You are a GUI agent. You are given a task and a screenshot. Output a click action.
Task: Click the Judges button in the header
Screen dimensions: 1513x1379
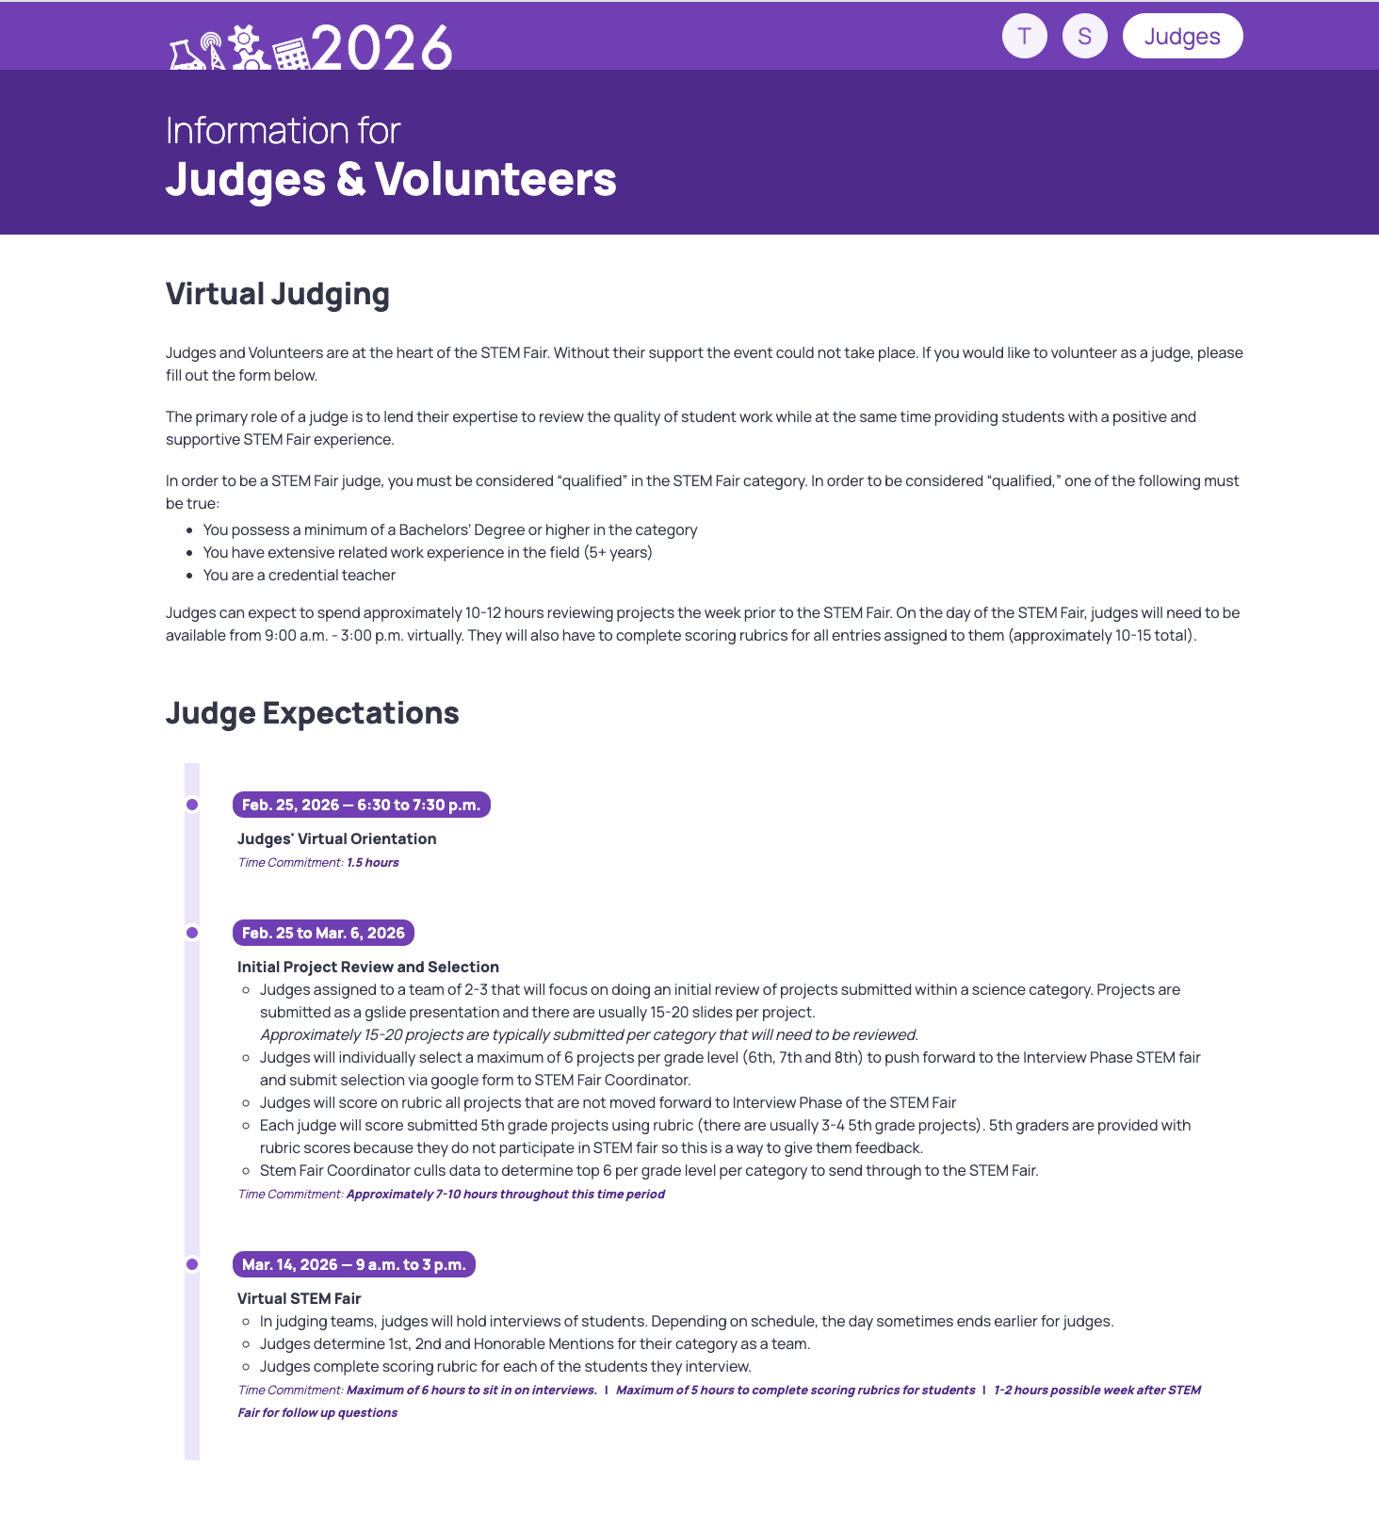[1182, 37]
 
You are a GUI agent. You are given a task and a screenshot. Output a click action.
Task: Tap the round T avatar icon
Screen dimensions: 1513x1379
[1025, 37]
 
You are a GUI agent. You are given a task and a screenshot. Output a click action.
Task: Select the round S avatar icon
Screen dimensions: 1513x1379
[1085, 37]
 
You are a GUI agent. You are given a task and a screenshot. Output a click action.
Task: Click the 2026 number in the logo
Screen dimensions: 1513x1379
[381, 47]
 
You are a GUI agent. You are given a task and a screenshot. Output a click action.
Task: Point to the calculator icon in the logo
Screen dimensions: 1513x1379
[291, 54]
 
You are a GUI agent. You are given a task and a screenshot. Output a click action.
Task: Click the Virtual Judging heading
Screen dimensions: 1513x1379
[278, 294]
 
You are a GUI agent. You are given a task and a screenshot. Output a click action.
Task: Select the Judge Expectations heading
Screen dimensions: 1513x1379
[313, 713]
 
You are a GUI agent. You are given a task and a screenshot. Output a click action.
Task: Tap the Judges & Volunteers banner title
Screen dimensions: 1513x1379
[391, 179]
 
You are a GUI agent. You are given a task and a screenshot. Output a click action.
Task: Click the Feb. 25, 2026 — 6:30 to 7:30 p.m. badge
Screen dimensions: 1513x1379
[362, 805]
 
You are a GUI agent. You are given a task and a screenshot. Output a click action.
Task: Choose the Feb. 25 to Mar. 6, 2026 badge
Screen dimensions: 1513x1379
[323, 933]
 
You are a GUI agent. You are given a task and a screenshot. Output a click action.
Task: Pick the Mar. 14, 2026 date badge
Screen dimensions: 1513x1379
[354, 1264]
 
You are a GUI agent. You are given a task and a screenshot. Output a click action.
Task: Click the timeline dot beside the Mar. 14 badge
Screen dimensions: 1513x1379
[192, 1264]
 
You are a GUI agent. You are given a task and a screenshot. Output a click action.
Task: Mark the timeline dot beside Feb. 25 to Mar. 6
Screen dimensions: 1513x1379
[192, 933]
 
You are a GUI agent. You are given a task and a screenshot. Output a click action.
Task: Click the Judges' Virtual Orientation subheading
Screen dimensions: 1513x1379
[337, 838]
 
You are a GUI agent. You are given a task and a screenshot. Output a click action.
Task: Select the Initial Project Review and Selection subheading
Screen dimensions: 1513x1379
[368, 967]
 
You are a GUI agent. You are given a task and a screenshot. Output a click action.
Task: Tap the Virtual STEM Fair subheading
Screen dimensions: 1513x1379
[300, 1298]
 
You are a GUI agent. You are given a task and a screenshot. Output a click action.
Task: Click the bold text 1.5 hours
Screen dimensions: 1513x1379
[373, 862]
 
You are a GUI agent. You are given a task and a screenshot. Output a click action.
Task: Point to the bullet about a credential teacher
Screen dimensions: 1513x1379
[300, 575]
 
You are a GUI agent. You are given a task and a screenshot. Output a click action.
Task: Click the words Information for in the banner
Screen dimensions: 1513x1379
[284, 130]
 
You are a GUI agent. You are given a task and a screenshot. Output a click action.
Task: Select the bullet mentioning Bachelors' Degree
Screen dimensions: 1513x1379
[450, 529]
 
